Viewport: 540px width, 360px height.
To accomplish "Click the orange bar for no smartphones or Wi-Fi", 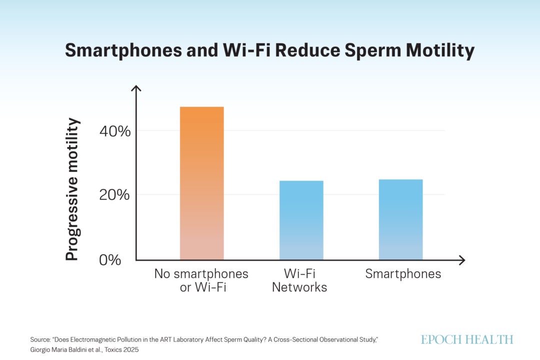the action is pyautogui.click(x=202, y=183).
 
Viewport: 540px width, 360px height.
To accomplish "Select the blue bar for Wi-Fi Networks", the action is pyautogui.click(x=301, y=220).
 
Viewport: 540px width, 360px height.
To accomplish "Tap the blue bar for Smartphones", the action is pyautogui.click(x=401, y=219).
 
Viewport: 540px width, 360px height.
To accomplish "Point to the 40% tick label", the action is pyautogui.click(x=115, y=131).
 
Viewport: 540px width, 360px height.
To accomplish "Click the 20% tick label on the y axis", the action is pyautogui.click(x=114, y=195).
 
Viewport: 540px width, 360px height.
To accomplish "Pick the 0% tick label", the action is pyautogui.click(x=110, y=260).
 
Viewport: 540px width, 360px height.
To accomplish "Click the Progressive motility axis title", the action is pyautogui.click(x=72, y=189).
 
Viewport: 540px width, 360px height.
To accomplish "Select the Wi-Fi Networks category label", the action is pyautogui.click(x=299, y=280).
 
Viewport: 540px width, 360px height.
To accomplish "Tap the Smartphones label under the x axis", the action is pyautogui.click(x=403, y=274).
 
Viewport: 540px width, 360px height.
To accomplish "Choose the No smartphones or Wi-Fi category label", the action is pyautogui.click(x=201, y=280).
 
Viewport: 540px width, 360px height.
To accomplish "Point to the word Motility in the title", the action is pyautogui.click(x=440, y=50).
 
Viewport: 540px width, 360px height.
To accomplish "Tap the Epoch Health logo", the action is pyautogui.click(x=467, y=339).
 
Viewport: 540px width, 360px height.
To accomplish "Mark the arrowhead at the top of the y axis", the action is pyautogui.click(x=136, y=88).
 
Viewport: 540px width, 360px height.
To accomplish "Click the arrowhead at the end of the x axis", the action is pyautogui.click(x=462, y=260).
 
